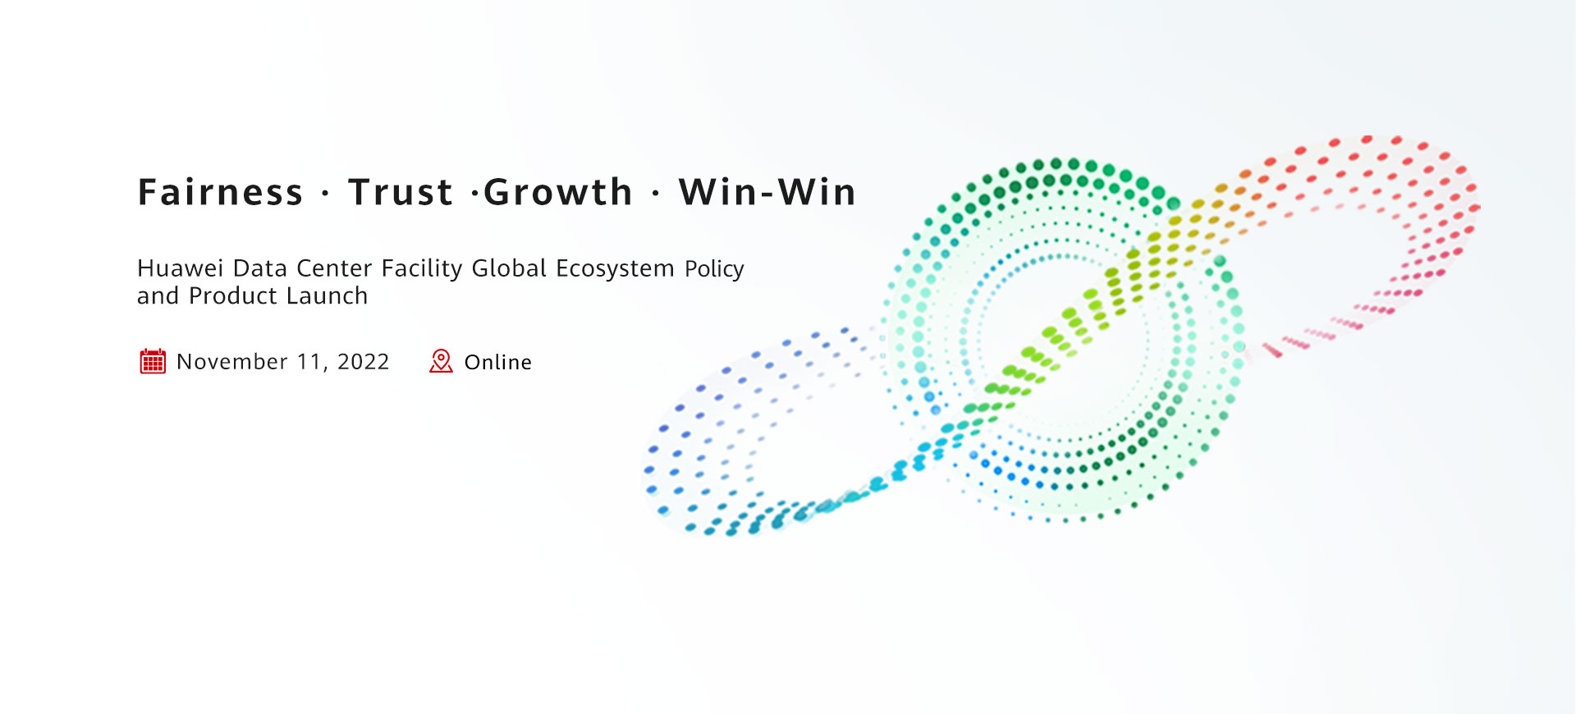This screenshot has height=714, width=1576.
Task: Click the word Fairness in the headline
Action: [220, 192]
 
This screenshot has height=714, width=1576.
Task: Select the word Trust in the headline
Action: [401, 192]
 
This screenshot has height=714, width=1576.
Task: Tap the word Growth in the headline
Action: [558, 192]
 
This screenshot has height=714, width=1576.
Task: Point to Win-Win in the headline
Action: [767, 192]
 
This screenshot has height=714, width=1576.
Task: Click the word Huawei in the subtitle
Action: [180, 268]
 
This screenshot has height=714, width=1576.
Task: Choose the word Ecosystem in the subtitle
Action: [615, 268]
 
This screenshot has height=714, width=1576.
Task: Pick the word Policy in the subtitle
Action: [714, 269]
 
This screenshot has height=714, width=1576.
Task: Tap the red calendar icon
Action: [153, 361]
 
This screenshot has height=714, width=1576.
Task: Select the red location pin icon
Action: [441, 361]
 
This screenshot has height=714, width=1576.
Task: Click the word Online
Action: [498, 362]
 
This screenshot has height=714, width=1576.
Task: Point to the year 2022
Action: [364, 362]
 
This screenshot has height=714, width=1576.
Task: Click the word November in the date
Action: [232, 362]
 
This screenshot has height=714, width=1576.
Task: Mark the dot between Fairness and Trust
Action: [326, 195]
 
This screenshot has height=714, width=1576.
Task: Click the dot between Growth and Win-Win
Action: [656, 195]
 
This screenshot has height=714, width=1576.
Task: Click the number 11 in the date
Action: [311, 362]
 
